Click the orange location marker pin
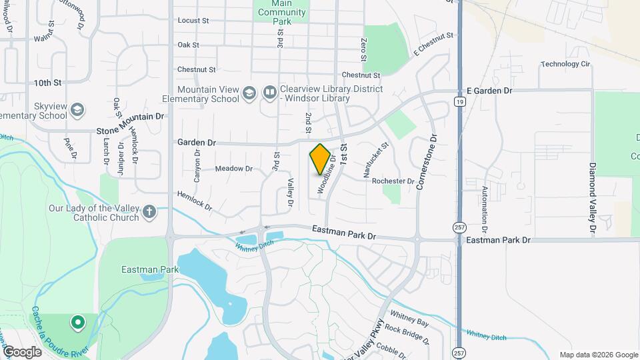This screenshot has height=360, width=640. pos(320,159)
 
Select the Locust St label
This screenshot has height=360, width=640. pos(193,21)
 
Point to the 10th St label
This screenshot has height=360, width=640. pos(48,83)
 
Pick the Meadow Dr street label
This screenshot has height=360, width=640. pos(234,169)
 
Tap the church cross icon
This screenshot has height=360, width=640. pos(149,213)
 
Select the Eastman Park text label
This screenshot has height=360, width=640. pos(141,270)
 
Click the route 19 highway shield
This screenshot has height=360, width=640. pos(459,101)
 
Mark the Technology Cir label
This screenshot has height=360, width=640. pos(565,64)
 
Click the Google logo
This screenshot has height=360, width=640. pos(22,351)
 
